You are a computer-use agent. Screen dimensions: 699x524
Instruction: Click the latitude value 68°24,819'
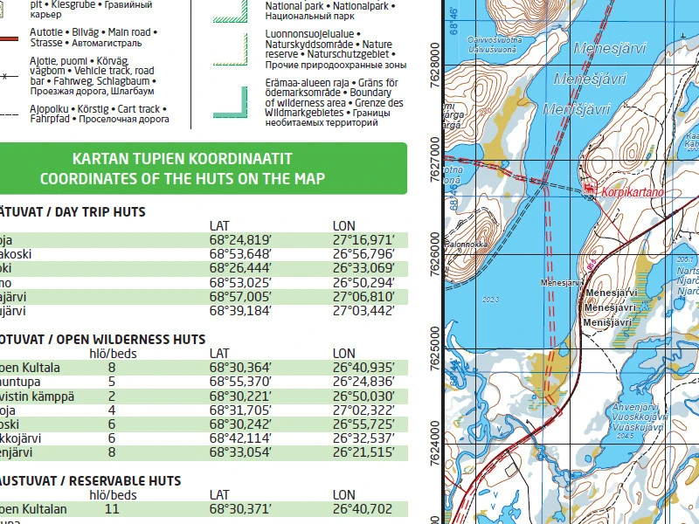point(241,240)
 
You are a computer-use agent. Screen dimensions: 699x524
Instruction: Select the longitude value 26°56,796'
point(363,254)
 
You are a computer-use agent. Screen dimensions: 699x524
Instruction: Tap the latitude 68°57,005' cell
point(241,297)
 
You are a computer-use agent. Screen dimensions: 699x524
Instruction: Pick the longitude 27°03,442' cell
point(363,311)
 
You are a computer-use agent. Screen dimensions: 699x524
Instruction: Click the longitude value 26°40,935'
point(363,368)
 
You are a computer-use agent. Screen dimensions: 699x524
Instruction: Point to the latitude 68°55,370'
point(241,382)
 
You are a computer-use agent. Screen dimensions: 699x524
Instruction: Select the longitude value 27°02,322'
point(363,410)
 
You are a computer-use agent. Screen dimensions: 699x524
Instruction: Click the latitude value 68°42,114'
point(241,438)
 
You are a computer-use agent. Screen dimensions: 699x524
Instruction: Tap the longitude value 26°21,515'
point(363,452)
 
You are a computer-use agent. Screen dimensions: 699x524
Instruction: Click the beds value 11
point(112,508)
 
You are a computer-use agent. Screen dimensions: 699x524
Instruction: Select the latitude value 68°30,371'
point(241,508)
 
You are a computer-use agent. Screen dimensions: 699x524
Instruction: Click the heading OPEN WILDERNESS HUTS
point(118,340)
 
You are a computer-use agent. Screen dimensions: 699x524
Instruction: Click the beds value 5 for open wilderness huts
point(112,382)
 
